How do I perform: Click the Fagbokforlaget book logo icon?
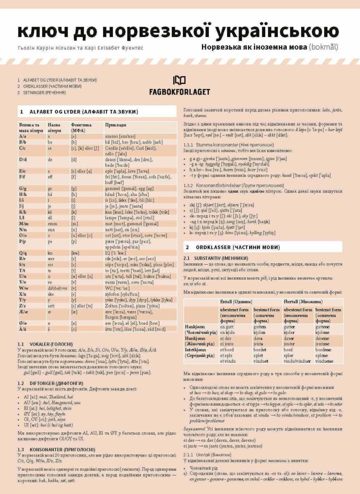pyautogui.click(x=180, y=80)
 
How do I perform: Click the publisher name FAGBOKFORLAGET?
pyautogui.click(x=180, y=92)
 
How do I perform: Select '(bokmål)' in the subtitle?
pyautogui.click(x=324, y=47)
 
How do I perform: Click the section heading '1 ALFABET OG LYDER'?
pyautogui.click(x=78, y=112)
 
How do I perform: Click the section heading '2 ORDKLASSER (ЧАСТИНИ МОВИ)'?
pyautogui.click(x=233, y=247)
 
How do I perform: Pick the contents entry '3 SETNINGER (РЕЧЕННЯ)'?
pyautogui.click(x=42, y=93)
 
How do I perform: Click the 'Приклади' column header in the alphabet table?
pyautogui.click(x=116, y=125)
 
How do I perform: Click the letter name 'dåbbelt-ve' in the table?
pyautogui.click(x=57, y=288)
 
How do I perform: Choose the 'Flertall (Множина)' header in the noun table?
pyautogui.click(x=300, y=301)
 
